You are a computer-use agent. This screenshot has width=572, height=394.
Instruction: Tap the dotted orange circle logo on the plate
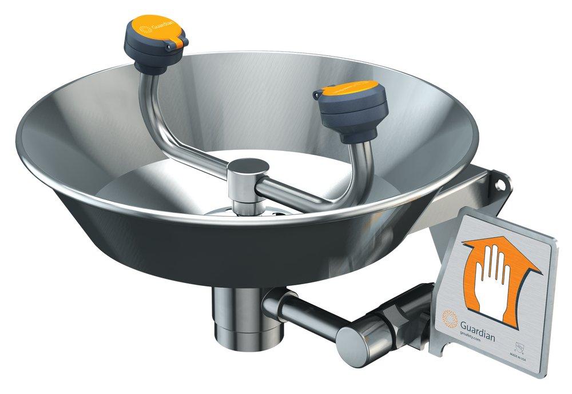(448, 316)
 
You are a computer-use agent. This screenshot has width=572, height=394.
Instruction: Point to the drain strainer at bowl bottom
(252, 213)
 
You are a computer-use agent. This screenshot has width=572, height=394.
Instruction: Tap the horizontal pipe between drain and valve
(303, 312)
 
